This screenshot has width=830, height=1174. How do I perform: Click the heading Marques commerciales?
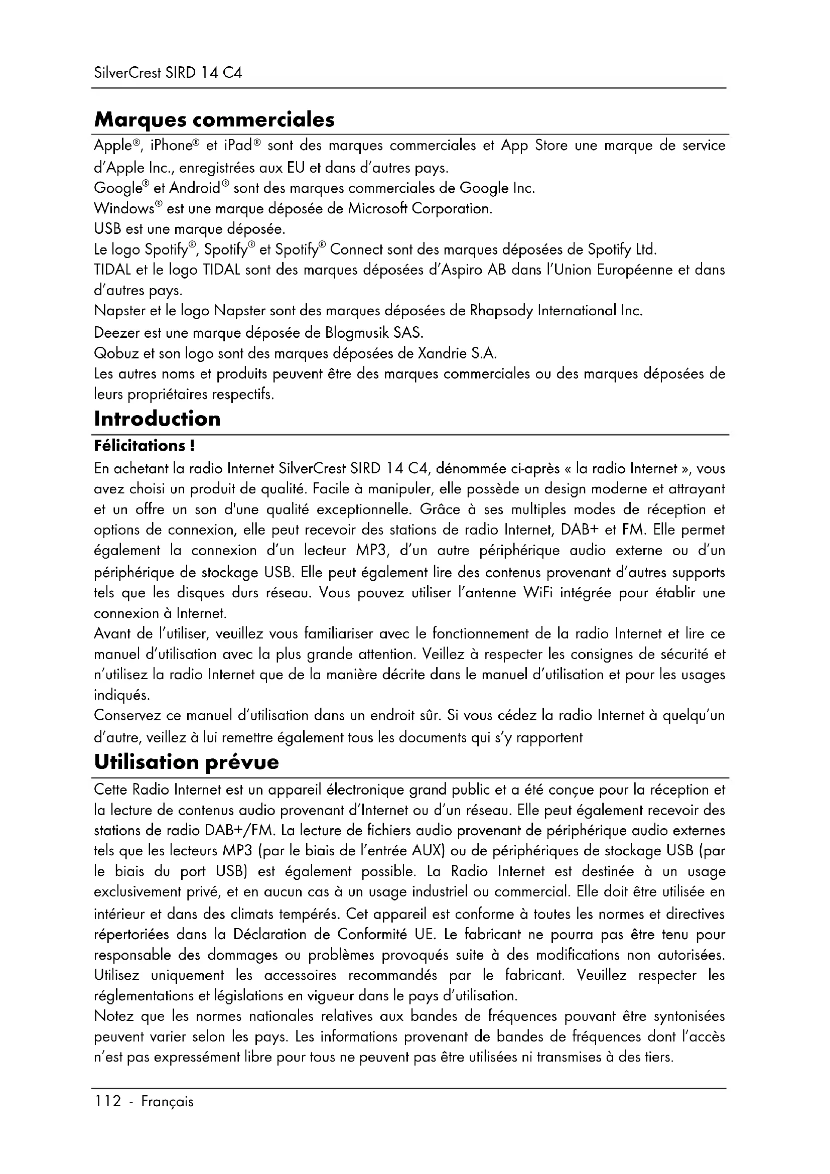215,119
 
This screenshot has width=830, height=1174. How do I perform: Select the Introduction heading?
158,419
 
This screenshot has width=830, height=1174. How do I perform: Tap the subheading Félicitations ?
144,446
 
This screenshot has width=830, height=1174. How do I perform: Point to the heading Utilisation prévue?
187,762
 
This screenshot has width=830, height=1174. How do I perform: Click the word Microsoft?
379,209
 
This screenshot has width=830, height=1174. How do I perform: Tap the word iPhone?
171,146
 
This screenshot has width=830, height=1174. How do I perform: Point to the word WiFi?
536,593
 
